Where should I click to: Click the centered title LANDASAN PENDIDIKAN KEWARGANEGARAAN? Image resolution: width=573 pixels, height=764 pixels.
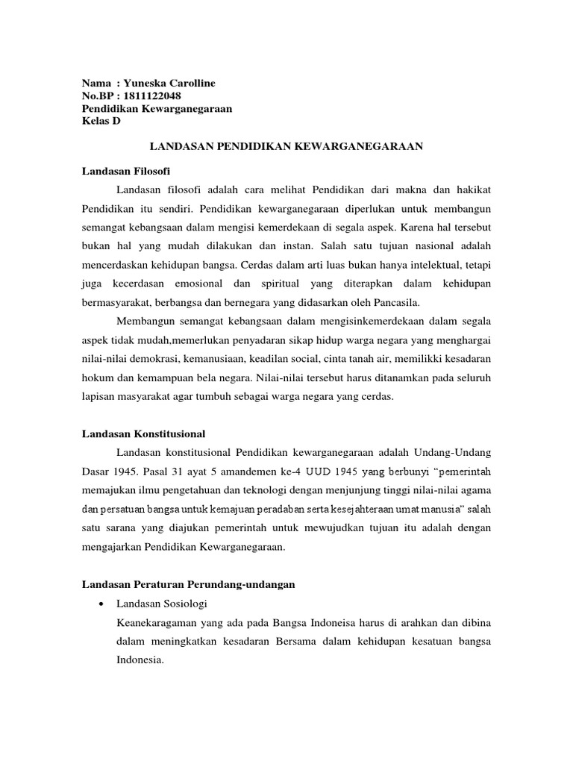coord(286,147)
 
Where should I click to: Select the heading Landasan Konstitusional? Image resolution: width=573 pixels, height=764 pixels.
coord(143,433)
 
